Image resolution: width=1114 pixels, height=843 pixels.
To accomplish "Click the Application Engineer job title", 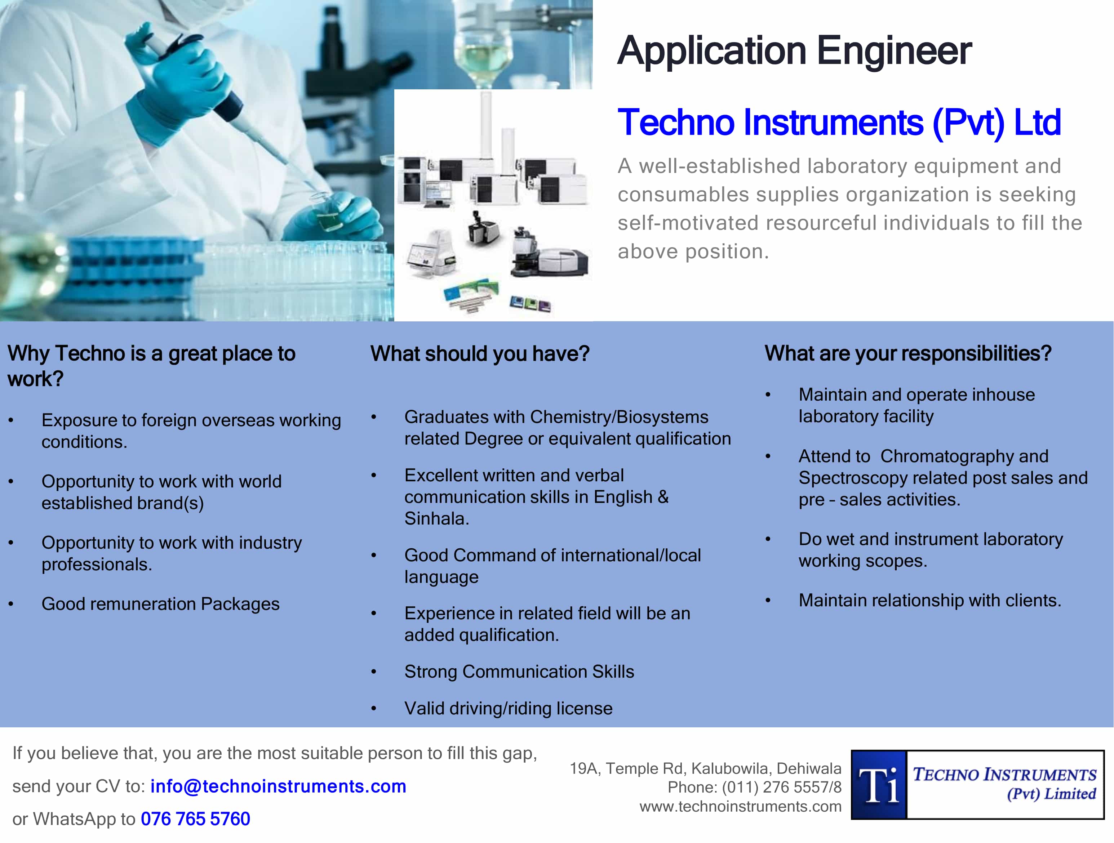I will [794, 51].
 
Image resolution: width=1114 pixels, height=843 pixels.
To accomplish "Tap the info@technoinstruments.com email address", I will [278, 786].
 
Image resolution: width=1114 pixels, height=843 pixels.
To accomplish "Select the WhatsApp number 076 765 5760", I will [195, 819].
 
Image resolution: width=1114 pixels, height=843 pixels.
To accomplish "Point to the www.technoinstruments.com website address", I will [740, 806].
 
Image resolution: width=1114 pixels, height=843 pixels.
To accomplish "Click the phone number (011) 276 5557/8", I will [782, 787].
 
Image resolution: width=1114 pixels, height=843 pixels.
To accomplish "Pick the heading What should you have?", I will [479, 354].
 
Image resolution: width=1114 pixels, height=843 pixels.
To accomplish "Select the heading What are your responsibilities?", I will [907, 353].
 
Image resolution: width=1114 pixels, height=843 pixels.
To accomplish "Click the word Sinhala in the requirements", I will [436, 518].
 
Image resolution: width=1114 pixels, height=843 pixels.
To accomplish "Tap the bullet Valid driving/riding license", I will [508, 708].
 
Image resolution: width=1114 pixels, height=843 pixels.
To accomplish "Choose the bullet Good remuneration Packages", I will [160, 603].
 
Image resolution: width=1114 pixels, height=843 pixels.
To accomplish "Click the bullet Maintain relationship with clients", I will [930, 601].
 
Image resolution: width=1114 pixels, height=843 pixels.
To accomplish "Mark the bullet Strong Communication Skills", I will [519, 672].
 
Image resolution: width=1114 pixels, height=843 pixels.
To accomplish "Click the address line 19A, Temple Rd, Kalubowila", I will [705, 768].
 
